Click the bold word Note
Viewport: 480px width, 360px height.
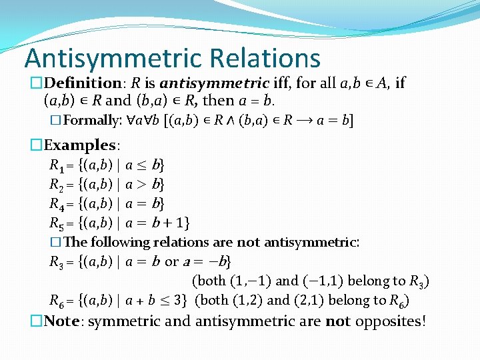[x=63, y=321]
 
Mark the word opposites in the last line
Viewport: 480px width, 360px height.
[x=389, y=321]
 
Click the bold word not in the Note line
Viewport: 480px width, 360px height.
[x=337, y=321]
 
